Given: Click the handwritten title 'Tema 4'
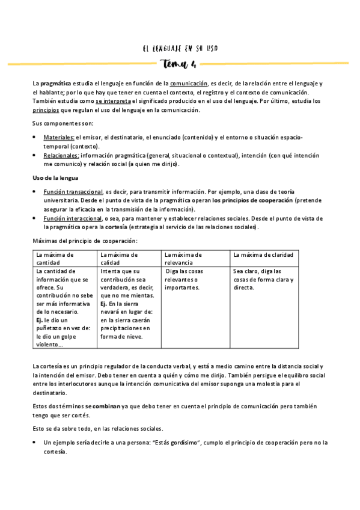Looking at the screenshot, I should click(178, 64).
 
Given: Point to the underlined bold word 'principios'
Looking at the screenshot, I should click(46, 110).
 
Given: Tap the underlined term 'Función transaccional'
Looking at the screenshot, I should click(73, 191).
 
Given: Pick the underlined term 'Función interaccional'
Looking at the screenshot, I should click(72, 218).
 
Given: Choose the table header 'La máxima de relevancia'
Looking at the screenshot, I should click(184, 259).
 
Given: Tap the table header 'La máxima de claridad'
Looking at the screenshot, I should click(263, 254).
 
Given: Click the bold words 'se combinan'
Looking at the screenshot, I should click(103, 407).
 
